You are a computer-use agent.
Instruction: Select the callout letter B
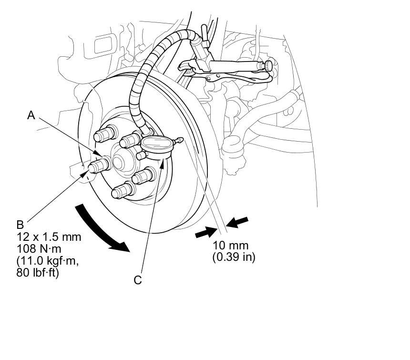coord(20,224)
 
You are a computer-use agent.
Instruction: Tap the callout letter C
coord(138,280)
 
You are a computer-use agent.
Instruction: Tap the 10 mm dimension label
coord(232,246)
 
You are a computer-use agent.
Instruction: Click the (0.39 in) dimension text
coord(234,257)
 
